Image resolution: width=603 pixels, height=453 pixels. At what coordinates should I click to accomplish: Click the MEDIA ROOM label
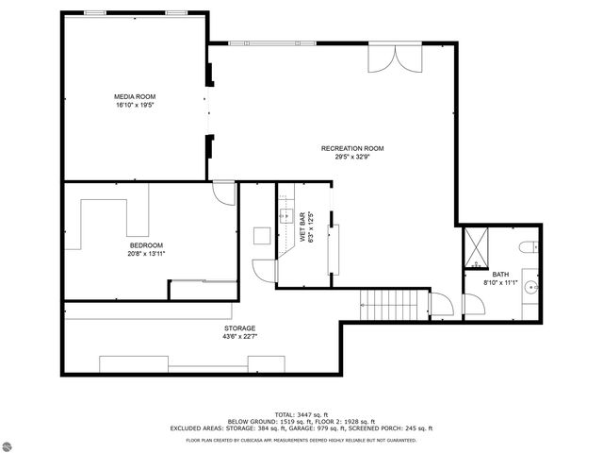(x=135, y=96)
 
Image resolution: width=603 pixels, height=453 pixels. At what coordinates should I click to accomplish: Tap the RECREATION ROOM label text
(x=352, y=148)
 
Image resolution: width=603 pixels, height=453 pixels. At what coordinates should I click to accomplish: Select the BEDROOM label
(x=146, y=245)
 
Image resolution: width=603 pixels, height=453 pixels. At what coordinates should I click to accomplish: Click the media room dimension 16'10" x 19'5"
(x=135, y=105)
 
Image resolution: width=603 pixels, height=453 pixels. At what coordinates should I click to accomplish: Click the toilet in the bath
(x=529, y=248)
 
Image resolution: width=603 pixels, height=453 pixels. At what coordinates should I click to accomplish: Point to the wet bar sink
(x=286, y=216)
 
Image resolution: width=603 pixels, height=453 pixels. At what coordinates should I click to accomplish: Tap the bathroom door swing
(x=472, y=306)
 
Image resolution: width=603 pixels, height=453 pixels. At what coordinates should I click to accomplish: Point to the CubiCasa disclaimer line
(x=301, y=439)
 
